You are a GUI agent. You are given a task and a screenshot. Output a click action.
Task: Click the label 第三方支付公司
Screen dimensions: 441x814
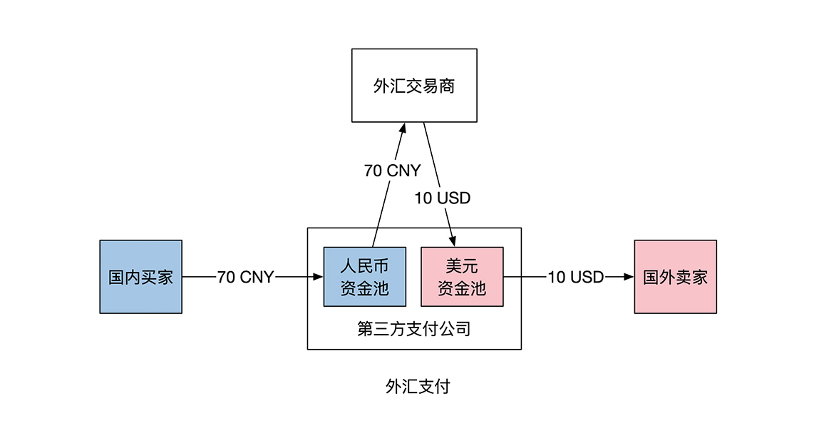coord(413,330)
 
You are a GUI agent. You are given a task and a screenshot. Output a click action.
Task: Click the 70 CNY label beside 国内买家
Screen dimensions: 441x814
coord(245,278)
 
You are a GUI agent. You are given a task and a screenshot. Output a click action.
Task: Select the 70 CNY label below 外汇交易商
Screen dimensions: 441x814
coord(392,171)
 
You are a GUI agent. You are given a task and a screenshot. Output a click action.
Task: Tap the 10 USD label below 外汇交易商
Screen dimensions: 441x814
coord(443,198)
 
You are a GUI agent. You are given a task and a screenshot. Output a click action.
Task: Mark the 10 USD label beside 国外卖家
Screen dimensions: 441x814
coord(576,277)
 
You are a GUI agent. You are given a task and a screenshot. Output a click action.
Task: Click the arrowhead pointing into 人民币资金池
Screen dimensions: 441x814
coord(319,277)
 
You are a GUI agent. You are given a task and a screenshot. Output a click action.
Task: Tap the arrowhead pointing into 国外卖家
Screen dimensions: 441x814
coord(629,277)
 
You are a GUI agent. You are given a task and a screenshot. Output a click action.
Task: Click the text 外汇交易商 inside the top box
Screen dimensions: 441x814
coord(414,86)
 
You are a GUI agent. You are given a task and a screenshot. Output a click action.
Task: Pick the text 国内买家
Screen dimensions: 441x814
coord(140,277)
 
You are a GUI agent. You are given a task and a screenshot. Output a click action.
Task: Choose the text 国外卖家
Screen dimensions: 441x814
coord(675,277)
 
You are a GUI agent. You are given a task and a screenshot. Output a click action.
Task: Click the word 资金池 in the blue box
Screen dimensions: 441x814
coord(364,288)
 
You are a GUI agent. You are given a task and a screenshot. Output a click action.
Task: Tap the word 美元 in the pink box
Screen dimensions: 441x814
coord(462,266)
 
